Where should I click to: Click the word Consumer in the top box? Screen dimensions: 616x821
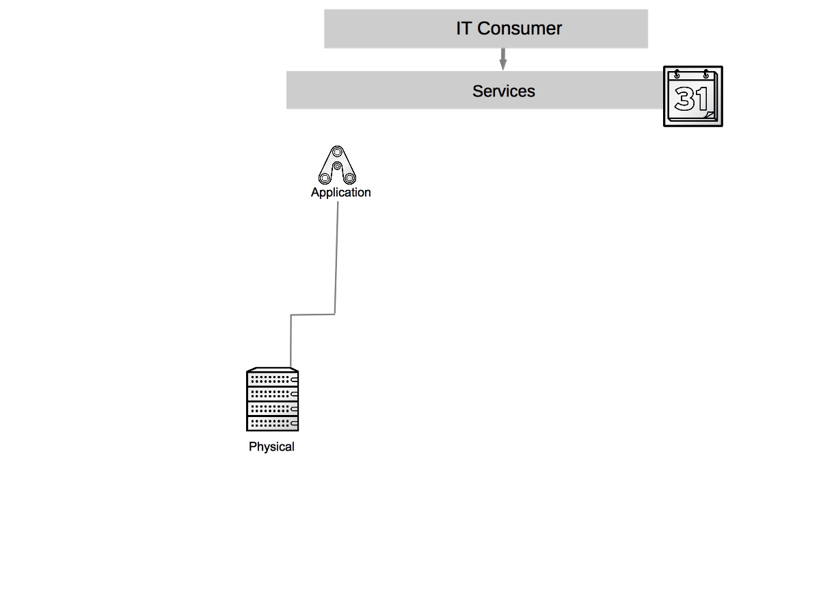click(520, 29)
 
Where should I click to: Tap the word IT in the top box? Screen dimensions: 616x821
click(464, 29)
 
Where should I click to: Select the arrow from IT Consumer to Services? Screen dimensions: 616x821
click(503, 59)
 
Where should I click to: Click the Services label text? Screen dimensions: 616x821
click(503, 92)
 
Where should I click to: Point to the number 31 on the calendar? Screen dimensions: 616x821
click(691, 99)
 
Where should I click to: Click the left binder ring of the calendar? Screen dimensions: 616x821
click(677, 75)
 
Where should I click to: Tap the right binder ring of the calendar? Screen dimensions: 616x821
click(705, 75)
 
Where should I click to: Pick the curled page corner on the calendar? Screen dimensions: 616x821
click(710, 116)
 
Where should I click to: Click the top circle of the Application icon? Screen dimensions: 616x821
click(336, 152)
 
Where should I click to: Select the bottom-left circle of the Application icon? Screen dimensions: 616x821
click(325, 178)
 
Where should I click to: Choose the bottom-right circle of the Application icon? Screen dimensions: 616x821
click(349, 178)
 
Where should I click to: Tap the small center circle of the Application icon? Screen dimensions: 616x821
click(337, 166)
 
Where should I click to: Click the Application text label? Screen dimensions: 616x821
click(340, 193)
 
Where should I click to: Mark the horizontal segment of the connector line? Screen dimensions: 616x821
click(312, 315)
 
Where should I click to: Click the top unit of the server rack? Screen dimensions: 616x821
click(272, 378)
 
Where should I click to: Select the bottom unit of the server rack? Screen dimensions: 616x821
click(272, 423)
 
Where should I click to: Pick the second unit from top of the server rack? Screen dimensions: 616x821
click(272, 394)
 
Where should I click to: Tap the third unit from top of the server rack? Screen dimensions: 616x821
click(272, 409)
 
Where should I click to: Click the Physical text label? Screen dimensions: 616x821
click(271, 447)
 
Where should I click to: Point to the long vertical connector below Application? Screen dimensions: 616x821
click(336, 260)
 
